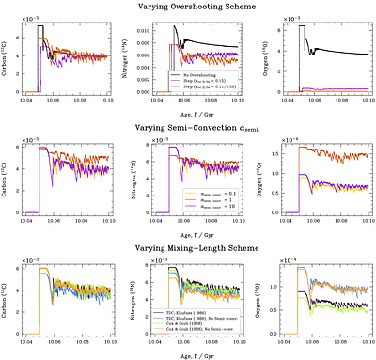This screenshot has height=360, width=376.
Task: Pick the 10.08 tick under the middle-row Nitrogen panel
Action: coord(212,223)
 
